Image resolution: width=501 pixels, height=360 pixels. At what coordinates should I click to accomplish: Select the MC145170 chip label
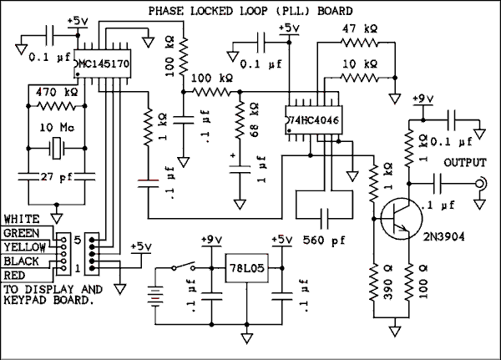tap(105, 63)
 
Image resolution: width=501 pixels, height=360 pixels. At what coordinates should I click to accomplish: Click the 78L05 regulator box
tap(247, 271)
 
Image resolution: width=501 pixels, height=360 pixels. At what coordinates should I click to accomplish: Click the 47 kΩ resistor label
tap(361, 28)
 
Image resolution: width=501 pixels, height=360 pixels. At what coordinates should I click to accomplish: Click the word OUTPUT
tap(465, 162)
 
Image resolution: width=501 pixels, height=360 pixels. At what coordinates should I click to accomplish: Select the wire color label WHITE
tap(21, 219)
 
